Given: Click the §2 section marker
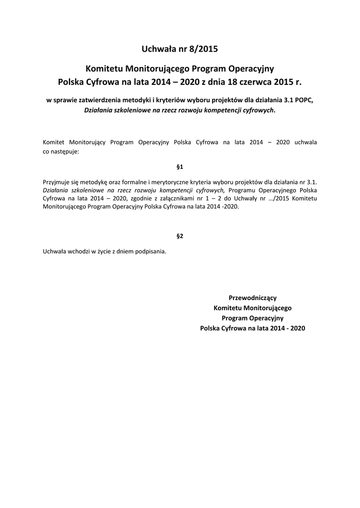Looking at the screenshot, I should (x=180, y=236).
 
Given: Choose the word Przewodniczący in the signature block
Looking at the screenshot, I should (x=252, y=298).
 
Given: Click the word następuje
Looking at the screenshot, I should (x=65, y=151).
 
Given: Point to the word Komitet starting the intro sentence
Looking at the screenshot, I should (x=54, y=142).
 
